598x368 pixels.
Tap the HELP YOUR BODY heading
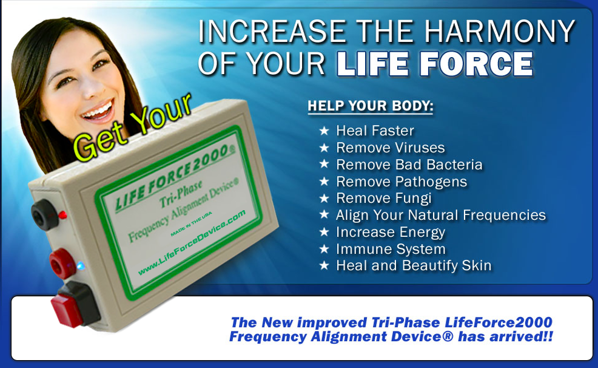pyautogui.click(x=371, y=106)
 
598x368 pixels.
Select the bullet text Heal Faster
pyautogui.click(x=375, y=131)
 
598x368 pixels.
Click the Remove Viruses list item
pyautogui.click(x=391, y=148)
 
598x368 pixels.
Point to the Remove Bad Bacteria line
pyautogui.click(x=409, y=165)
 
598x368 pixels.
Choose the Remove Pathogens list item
pyautogui.click(x=401, y=182)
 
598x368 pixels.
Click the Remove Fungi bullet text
pyautogui.click(x=384, y=199)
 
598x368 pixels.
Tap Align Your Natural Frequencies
pyautogui.click(x=441, y=216)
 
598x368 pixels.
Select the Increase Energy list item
pyautogui.click(x=391, y=232)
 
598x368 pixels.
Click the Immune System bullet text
pyautogui.click(x=391, y=249)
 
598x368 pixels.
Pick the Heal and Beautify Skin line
pyautogui.click(x=414, y=266)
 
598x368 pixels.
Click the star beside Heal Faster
pyautogui.click(x=324, y=131)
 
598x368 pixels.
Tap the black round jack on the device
pyautogui.click(x=44, y=214)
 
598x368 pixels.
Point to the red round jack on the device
pyautogui.click(x=62, y=264)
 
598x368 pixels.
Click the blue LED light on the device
pyautogui.click(x=81, y=266)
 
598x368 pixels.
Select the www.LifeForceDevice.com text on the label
pyautogui.click(x=192, y=243)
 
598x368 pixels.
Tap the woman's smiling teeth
pyautogui.click(x=98, y=111)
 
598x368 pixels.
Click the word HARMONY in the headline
pyautogui.click(x=500, y=32)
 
